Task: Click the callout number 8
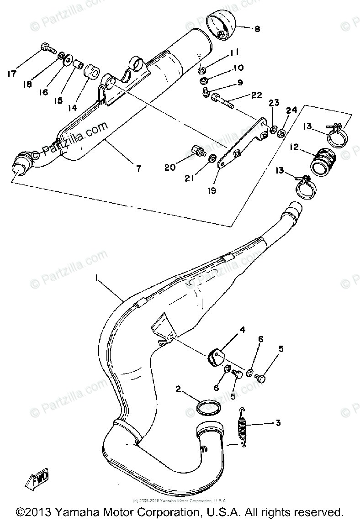click(257, 29)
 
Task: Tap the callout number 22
click(257, 95)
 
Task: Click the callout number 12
click(293, 147)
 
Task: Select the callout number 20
click(170, 168)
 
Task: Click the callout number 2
click(179, 389)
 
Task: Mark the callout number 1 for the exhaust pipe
click(96, 277)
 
